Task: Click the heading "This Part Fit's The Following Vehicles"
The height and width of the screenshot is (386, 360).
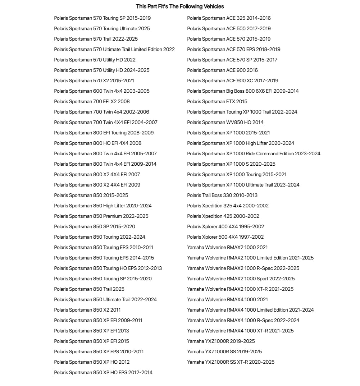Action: tap(180, 6)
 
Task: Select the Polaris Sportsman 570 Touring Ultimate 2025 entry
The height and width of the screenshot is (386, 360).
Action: tap(102, 28)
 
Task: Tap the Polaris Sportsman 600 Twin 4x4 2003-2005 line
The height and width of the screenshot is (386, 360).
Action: tap(102, 91)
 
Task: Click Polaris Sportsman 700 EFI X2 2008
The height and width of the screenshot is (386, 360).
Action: tap(92, 101)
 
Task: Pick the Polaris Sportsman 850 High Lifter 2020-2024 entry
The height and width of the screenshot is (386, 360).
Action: tap(103, 206)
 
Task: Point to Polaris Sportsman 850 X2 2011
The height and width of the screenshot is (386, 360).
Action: tap(87, 310)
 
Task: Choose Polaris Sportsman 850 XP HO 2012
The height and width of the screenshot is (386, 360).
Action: tap(92, 362)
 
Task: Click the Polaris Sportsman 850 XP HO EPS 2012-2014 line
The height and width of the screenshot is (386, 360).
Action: tap(103, 372)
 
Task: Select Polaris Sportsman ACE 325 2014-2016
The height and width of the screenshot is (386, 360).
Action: tap(229, 18)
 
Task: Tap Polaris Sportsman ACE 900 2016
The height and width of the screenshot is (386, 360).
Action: tap(222, 70)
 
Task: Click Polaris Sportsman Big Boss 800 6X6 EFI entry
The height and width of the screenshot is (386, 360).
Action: tap(243, 91)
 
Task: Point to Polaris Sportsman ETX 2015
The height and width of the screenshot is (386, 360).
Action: tap(217, 101)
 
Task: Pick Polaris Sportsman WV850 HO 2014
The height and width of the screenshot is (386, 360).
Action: tap(225, 122)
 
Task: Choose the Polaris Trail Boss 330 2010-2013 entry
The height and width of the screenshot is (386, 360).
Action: tap(222, 195)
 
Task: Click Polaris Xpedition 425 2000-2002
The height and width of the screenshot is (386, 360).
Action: tap(223, 216)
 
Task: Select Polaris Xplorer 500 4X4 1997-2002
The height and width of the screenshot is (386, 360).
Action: tap(225, 237)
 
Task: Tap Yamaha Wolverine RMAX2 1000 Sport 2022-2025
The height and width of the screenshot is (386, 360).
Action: tap(241, 279)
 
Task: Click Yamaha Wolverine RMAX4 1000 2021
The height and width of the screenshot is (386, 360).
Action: tap(227, 299)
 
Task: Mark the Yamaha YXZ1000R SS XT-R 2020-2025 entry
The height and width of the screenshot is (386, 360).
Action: tap(231, 362)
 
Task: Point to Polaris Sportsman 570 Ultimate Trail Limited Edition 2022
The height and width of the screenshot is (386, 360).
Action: tap(114, 49)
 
